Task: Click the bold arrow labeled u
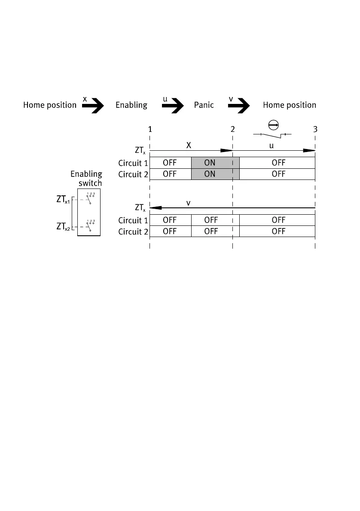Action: click(x=174, y=105)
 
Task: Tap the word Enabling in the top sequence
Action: click(x=131, y=105)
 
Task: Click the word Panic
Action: click(x=204, y=105)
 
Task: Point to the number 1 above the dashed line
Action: click(x=149, y=129)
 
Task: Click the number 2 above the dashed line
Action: click(x=232, y=129)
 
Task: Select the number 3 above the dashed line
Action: click(x=315, y=129)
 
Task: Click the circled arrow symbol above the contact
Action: click(x=273, y=125)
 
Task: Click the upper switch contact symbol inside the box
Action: click(x=90, y=198)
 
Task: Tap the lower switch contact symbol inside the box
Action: click(x=90, y=225)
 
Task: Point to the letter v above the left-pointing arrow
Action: click(x=188, y=202)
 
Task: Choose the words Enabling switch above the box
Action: click(x=86, y=178)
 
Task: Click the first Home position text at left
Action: click(x=49, y=105)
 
